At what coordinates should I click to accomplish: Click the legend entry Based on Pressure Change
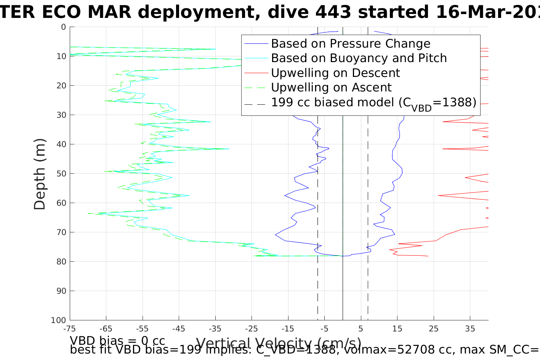pyautogui.click(x=351, y=44)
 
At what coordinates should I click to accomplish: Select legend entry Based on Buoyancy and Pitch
pyautogui.click(x=359, y=58)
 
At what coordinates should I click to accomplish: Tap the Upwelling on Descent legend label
pyautogui.click(x=335, y=73)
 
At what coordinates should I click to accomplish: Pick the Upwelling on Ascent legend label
pyautogui.click(x=331, y=88)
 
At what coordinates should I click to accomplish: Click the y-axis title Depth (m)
pyautogui.click(x=40, y=174)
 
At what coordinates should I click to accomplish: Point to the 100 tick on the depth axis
pyautogui.click(x=58, y=320)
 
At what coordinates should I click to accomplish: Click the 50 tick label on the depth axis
pyautogui.click(x=61, y=174)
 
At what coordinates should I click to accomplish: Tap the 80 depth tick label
pyautogui.click(x=61, y=262)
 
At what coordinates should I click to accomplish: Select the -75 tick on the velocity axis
pyautogui.click(x=69, y=328)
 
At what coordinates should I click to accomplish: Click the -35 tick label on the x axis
pyautogui.click(x=215, y=328)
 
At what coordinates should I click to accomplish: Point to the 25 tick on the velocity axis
pyautogui.click(x=434, y=328)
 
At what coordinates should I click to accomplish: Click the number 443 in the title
pyautogui.click(x=335, y=13)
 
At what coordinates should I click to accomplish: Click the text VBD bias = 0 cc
pyautogui.click(x=117, y=340)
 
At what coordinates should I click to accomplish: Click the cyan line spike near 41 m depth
pyautogui.click(x=229, y=149)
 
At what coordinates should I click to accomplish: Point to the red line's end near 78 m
pyautogui.click(x=428, y=256)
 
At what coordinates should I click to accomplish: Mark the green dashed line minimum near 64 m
pyautogui.click(x=88, y=214)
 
